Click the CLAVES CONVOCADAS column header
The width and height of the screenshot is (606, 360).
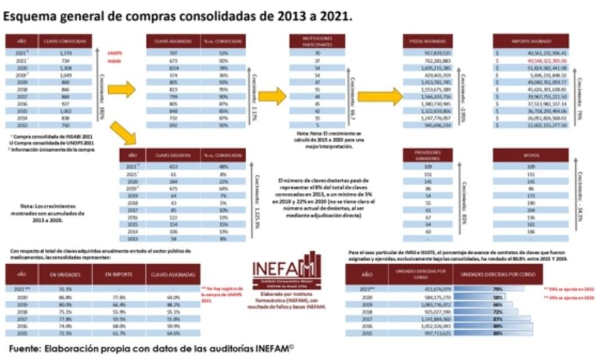(65, 41)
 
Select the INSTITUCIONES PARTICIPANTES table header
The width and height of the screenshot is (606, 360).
(317, 41)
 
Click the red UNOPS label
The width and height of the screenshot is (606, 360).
(115, 53)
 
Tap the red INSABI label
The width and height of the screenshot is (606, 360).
(115, 60)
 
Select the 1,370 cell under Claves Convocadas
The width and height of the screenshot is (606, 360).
(65, 53)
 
